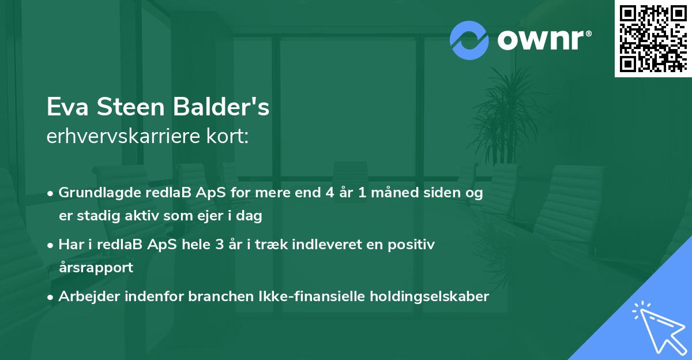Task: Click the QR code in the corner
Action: pos(653,38)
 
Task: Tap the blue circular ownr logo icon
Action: pos(469,40)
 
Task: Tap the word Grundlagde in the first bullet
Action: pos(92,193)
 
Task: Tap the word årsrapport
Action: pos(96,268)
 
